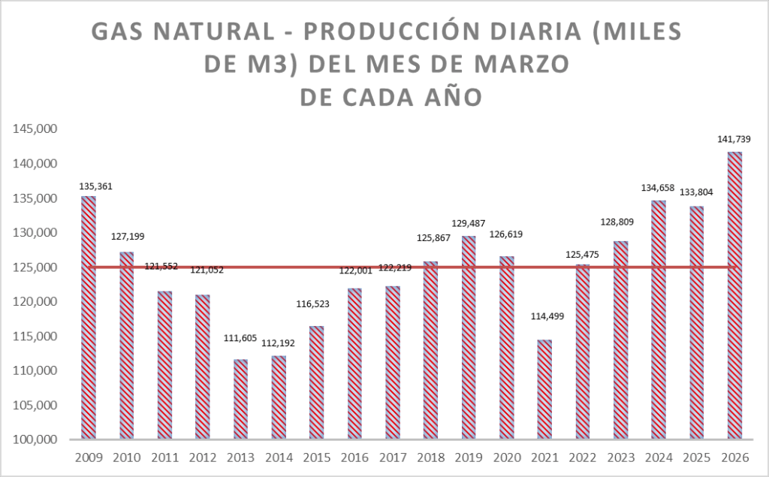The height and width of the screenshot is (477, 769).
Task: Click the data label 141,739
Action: tap(734, 139)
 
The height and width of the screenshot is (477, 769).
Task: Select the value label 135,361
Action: tap(95, 186)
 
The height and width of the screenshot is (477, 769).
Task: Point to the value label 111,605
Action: tap(241, 338)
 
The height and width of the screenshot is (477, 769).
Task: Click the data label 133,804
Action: tap(696, 192)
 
